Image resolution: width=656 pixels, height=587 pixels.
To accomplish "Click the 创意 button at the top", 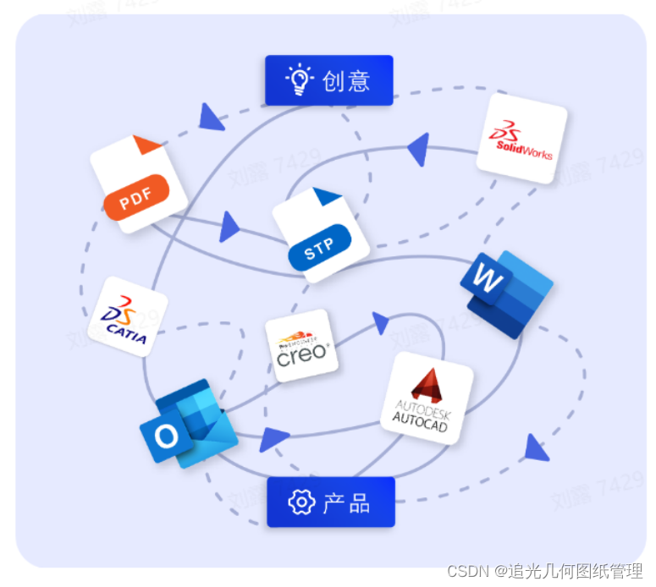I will pyautogui.click(x=329, y=80).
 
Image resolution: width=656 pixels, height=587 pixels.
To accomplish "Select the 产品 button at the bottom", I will pyautogui.click(x=331, y=502).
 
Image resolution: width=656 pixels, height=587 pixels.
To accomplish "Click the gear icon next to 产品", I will pyautogui.click(x=300, y=502).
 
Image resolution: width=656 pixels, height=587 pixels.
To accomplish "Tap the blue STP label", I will pyautogui.click(x=319, y=249).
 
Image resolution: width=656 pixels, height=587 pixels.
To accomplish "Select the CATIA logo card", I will pyautogui.click(x=127, y=315).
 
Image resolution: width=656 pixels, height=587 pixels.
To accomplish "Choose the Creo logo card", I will pyautogui.click(x=301, y=345).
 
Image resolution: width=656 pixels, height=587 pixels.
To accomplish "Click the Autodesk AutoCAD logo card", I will pyautogui.click(x=426, y=398).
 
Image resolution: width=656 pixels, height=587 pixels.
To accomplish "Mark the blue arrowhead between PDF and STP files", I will pyautogui.click(x=228, y=228).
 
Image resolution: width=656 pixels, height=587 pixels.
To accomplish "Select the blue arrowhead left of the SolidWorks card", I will pyautogui.click(x=418, y=149).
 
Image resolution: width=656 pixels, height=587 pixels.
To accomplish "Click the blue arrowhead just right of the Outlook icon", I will pyautogui.click(x=273, y=439).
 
